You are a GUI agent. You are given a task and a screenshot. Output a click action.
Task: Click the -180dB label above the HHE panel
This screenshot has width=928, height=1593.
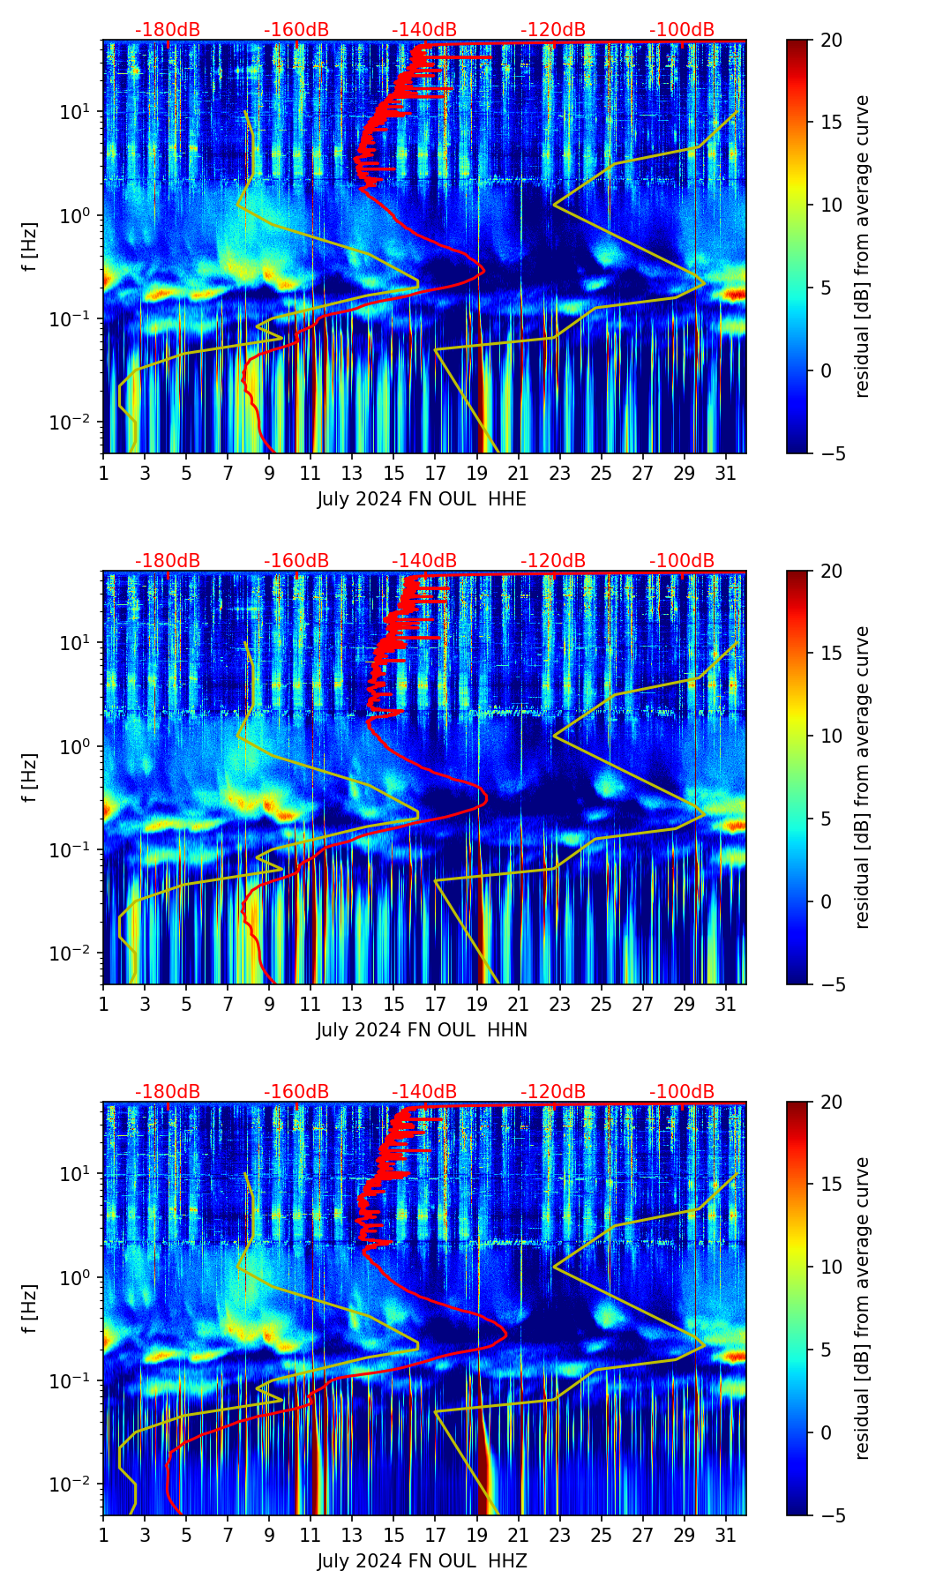coord(168,30)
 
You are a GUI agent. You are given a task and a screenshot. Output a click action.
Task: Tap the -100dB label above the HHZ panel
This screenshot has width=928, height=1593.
coord(682,1092)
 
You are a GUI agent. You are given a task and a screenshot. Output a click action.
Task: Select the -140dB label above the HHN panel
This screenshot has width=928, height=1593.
coord(424,561)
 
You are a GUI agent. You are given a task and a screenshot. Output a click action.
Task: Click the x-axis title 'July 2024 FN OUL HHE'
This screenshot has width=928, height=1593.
coord(422,499)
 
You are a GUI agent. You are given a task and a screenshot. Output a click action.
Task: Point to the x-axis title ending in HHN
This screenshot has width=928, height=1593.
coord(422,1030)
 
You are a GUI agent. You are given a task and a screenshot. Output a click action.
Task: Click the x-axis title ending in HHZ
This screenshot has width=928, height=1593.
coord(422,1561)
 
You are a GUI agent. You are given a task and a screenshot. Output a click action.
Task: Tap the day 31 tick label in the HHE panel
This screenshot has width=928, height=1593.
coord(726,474)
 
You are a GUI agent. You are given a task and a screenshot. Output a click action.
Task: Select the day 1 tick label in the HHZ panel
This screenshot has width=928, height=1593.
coord(103,1536)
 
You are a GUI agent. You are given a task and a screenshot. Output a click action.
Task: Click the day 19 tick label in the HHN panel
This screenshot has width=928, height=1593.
coord(477,1005)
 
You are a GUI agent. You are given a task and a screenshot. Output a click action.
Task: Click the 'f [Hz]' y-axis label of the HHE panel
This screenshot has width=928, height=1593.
coord(30,247)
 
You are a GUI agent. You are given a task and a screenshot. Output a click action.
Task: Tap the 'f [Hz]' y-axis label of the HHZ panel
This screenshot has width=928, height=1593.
coord(30,1309)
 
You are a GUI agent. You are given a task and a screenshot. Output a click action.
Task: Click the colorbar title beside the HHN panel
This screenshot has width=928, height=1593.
coord(862,777)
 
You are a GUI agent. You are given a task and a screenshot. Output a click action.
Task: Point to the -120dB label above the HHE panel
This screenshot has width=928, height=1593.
coord(553,30)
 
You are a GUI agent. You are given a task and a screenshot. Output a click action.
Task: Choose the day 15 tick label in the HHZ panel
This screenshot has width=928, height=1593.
coord(394,1536)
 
